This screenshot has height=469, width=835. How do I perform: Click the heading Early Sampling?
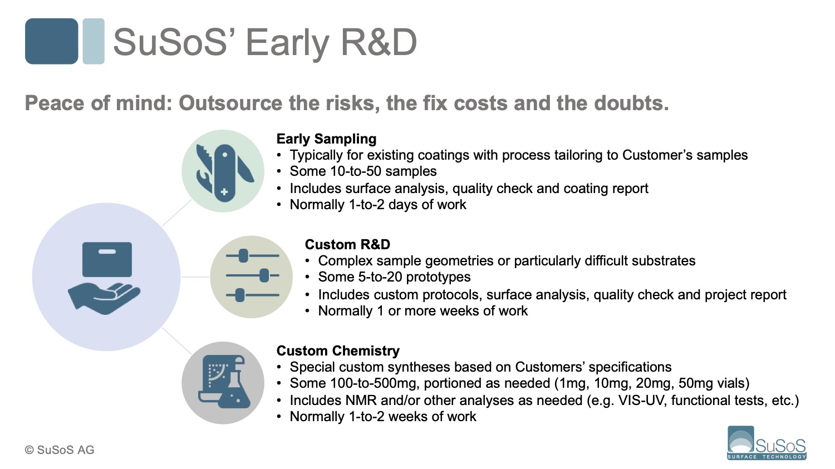click(x=326, y=139)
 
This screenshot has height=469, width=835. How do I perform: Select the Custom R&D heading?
click(x=347, y=245)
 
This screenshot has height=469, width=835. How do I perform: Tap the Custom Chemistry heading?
click(x=338, y=351)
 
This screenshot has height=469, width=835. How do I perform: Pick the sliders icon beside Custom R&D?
click(x=252, y=276)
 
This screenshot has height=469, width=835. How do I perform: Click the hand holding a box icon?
click(x=105, y=278)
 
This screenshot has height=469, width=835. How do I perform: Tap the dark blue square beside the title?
click(x=51, y=41)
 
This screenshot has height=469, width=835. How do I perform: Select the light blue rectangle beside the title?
click(x=94, y=41)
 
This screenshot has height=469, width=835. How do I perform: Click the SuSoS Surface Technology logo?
click(x=767, y=443)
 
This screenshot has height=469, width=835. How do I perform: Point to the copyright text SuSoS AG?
click(x=60, y=450)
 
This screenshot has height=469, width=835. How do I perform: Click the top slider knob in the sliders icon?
click(x=243, y=256)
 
